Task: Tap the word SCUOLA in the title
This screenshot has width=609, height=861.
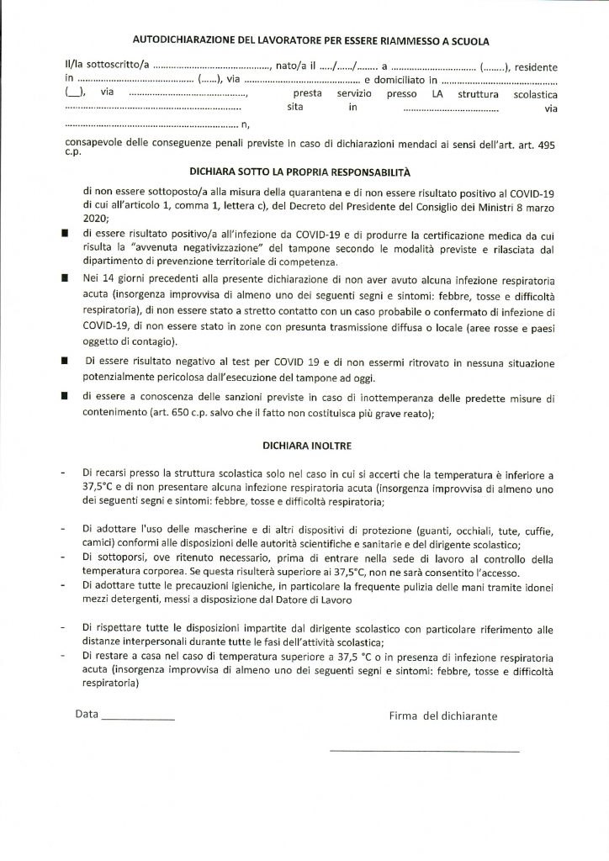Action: (467, 40)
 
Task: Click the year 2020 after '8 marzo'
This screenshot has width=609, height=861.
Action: (97, 214)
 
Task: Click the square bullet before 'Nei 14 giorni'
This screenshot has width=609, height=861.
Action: (65, 275)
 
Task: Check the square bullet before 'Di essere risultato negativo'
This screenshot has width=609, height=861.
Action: (65, 360)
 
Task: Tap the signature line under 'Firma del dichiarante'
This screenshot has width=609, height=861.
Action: (424, 750)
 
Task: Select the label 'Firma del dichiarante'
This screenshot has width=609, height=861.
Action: (442, 716)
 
